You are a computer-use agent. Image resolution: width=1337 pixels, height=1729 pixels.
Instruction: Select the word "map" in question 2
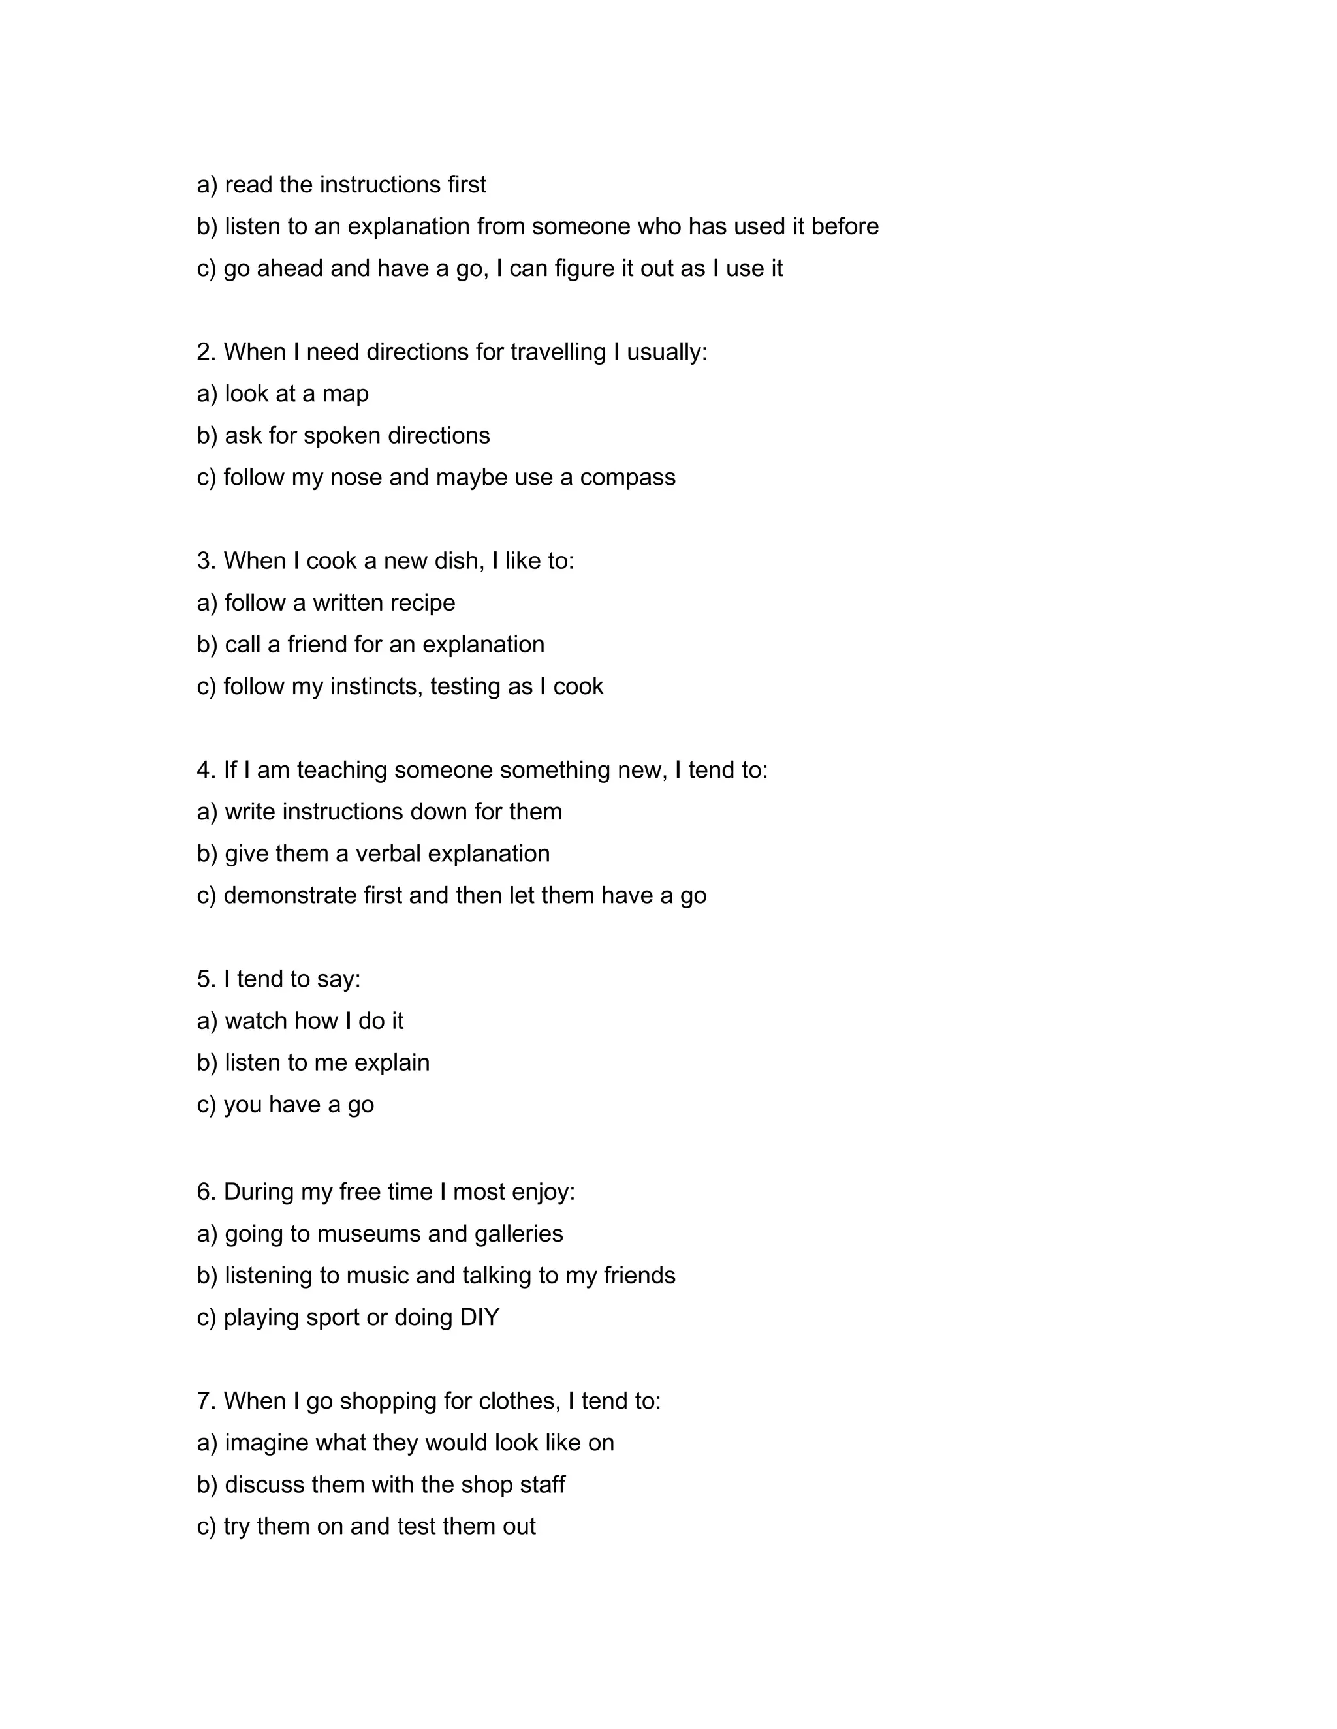click(345, 393)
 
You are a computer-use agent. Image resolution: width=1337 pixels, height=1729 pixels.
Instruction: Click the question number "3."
click(207, 560)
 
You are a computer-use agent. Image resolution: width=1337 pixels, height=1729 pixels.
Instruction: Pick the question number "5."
click(207, 979)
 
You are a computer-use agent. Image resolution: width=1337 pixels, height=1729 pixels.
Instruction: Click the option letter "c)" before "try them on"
click(207, 1526)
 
